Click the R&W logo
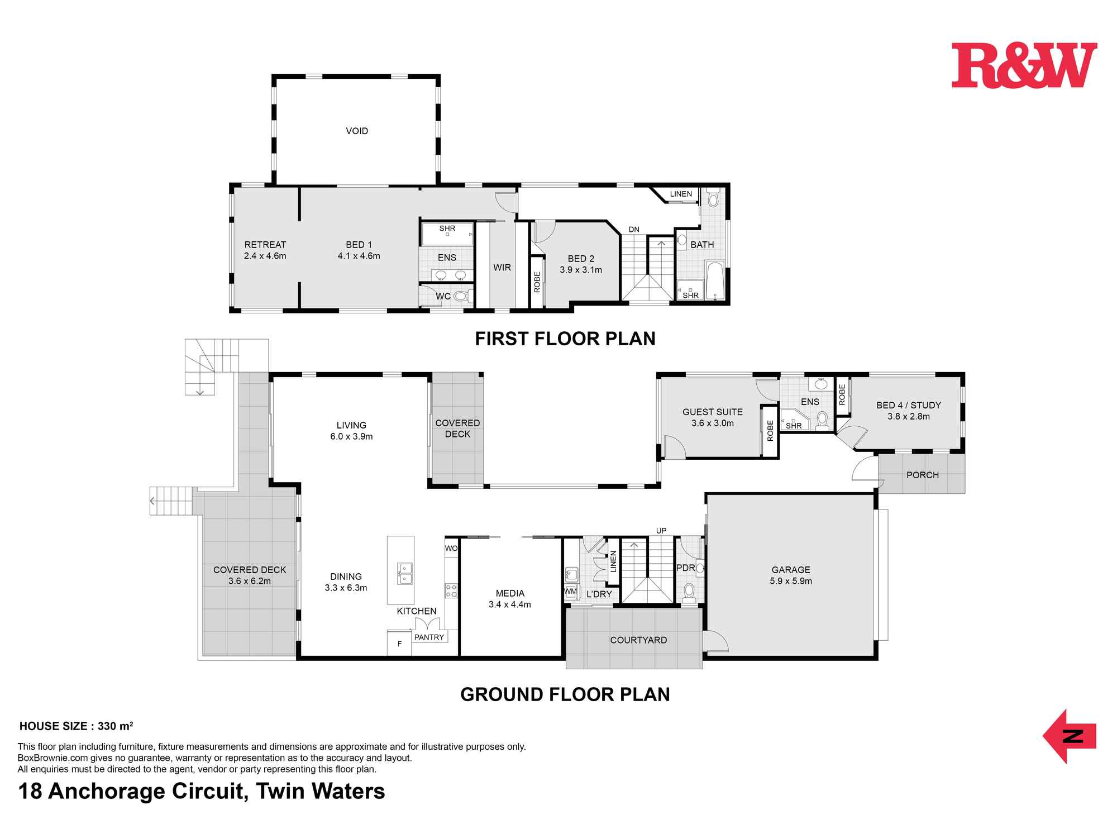pyautogui.click(x=1024, y=65)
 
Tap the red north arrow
pyautogui.click(x=1069, y=736)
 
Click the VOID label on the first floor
pyautogui.click(x=357, y=131)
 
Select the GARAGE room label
pyautogui.click(x=791, y=570)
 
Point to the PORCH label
pyautogui.click(x=923, y=475)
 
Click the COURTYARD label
pyautogui.click(x=638, y=640)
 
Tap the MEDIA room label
pyautogui.click(x=510, y=593)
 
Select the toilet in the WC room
pyautogui.click(x=460, y=296)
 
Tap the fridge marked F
pyautogui.click(x=399, y=643)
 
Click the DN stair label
pyautogui.click(x=634, y=230)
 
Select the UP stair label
pyautogui.click(x=661, y=531)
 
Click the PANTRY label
pyautogui.click(x=429, y=637)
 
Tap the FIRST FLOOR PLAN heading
pyautogui.click(x=565, y=339)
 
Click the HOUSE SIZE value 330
pyautogui.click(x=107, y=726)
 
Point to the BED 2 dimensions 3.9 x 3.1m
pyautogui.click(x=581, y=270)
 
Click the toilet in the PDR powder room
pyautogui.click(x=689, y=592)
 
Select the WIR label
pyautogui.click(x=502, y=268)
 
